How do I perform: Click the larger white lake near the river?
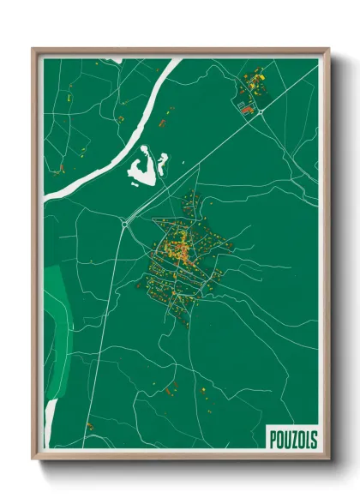point(143,167)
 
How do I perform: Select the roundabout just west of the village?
point(124,225)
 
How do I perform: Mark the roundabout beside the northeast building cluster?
point(259,111)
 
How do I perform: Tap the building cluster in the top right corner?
point(252,90)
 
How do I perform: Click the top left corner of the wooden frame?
point(33,49)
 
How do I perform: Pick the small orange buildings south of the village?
point(171,389)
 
